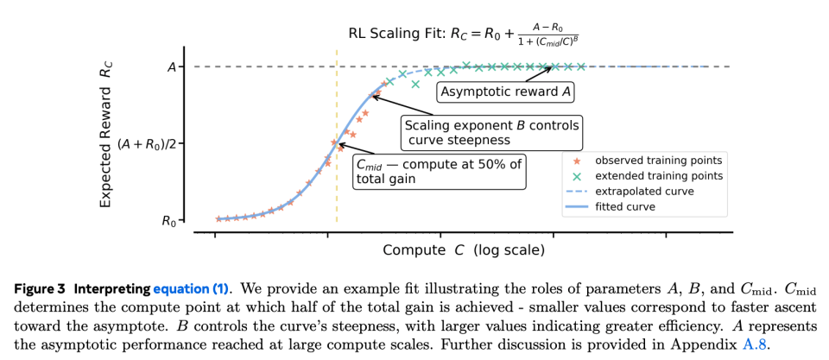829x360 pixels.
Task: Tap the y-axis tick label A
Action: (170, 66)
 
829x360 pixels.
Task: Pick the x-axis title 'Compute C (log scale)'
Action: (464, 250)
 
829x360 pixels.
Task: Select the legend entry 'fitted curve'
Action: (625, 206)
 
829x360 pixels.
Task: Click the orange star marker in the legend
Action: (577, 160)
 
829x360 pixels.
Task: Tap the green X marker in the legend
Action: (577, 175)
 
